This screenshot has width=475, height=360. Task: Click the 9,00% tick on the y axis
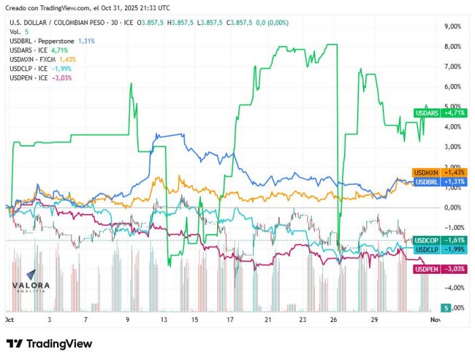coord(453,26)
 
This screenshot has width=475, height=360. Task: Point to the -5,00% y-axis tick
coord(453,307)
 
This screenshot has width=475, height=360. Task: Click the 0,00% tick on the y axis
coord(453,207)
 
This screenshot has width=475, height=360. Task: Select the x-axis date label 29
coord(375,319)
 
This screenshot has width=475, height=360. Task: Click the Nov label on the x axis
coord(435,319)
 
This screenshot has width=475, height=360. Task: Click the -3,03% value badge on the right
coord(455,269)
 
